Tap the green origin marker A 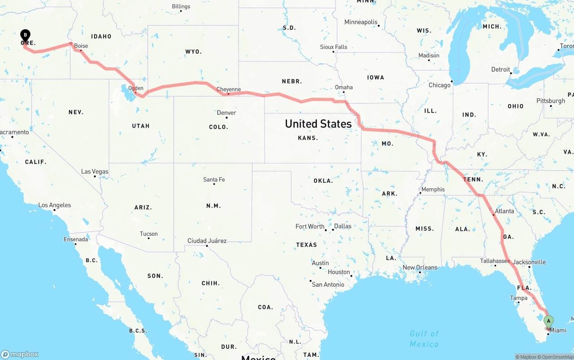(x=548, y=321)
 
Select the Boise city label (x=81, y=46)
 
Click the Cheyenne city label (x=229, y=89)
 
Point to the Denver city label (x=226, y=113)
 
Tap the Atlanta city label (x=504, y=211)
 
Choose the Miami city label (x=558, y=330)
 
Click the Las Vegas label (x=95, y=171)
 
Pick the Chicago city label (x=439, y=85)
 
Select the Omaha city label (x=344, y=87)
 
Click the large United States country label (x=318, y=124)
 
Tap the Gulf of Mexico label (x=424, y=338)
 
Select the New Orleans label (x=420, y=267)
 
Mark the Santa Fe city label (x=214, y=179)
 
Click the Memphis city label (x=433, y=189)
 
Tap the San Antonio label (x=328, y=284)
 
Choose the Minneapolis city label (x=361, y=22)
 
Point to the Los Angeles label (x=55, y=205)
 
